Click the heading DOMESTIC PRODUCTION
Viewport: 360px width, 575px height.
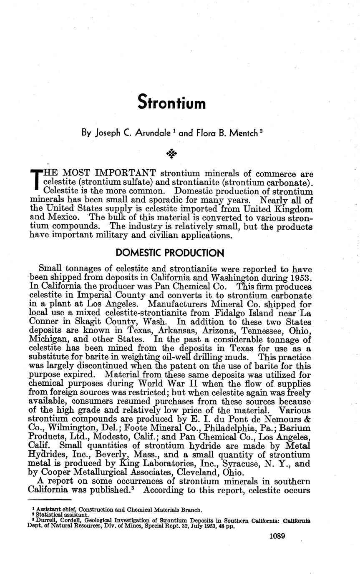(170, 253)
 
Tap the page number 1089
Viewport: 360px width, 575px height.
(277, 536)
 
